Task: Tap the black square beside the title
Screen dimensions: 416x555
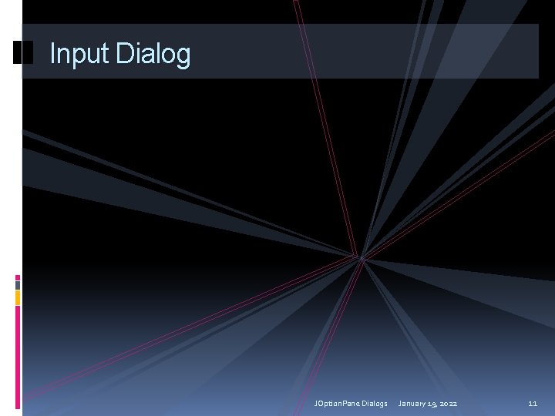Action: (24, 52)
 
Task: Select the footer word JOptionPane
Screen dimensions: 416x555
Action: (336, 403)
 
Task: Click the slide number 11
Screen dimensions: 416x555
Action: (533, 403)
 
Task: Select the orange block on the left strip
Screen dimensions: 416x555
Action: (18, 297)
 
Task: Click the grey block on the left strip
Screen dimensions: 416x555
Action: (18, 284)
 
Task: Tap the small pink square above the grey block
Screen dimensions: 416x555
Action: (18, 277)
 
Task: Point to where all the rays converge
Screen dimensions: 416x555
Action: (360, 257)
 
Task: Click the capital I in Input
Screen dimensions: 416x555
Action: (52, 54)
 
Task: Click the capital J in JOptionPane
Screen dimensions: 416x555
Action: (316, 403)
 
